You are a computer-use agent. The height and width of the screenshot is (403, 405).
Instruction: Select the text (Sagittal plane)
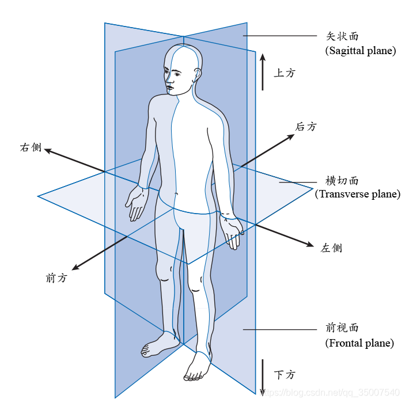coord(361,51)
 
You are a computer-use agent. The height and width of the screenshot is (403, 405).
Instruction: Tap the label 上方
coord(285,73)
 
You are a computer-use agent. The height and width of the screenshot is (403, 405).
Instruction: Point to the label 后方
coord(306,127)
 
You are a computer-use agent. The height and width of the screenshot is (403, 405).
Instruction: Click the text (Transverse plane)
coord(357,194)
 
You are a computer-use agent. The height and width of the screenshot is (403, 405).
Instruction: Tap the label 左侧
coord(331,248)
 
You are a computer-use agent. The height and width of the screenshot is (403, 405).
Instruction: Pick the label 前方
coord(56,278)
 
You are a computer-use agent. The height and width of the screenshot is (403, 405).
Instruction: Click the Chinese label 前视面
coord(342,328)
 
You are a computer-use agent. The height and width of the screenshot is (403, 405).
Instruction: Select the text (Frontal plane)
coord(359,343)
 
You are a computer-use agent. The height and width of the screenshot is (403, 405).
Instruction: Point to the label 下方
coord(285,375)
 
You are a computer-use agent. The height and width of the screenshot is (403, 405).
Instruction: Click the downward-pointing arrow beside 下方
coord(263,377)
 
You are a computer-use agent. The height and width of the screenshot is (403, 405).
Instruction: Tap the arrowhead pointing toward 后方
coord(289,136)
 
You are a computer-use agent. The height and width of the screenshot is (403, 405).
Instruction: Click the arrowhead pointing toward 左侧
coord(309,244)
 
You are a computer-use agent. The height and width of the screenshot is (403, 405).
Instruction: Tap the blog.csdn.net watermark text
coord(334,392)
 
